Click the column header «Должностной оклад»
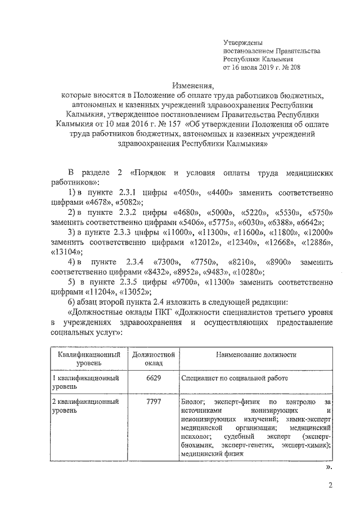point(153,359)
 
